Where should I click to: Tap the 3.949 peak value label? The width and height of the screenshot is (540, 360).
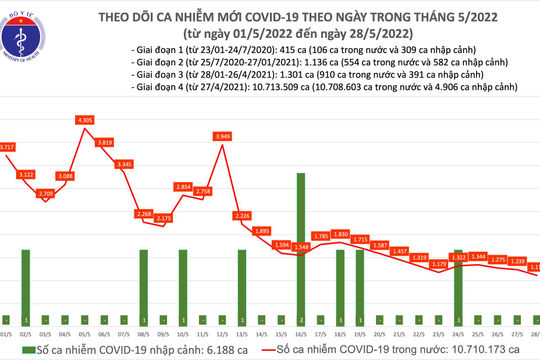pyautogui.click(x=223, y=136)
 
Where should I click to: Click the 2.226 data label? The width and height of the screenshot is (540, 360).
pyautogui.click(x=242, y=215)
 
